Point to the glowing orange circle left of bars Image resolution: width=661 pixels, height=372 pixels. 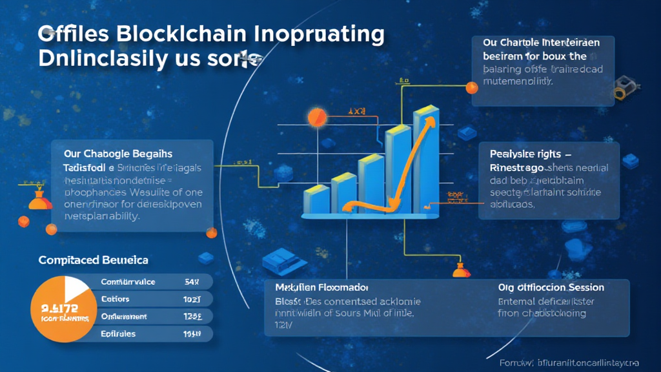click(x=318, y=117)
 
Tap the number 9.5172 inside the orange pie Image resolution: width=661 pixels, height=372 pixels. click(x=59, y=308)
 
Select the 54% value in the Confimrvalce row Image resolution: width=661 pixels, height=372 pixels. click(x=193, y=282)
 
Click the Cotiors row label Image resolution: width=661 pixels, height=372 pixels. click(x=116, y=299)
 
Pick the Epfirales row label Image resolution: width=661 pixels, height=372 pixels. click(x=119, y=334)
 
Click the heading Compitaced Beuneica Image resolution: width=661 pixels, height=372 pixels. click(x=93, y=260)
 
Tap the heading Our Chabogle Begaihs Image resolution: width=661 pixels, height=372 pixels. click(x=118, y=154)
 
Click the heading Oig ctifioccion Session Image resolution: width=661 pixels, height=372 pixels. click(x=551, y=287)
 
